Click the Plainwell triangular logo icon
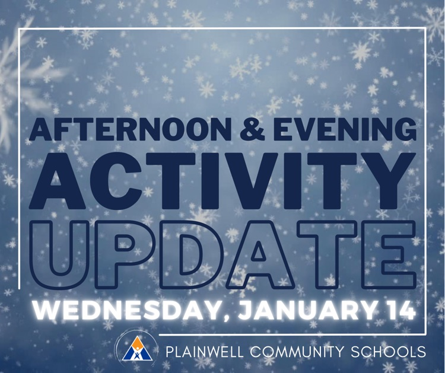(136, 350)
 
